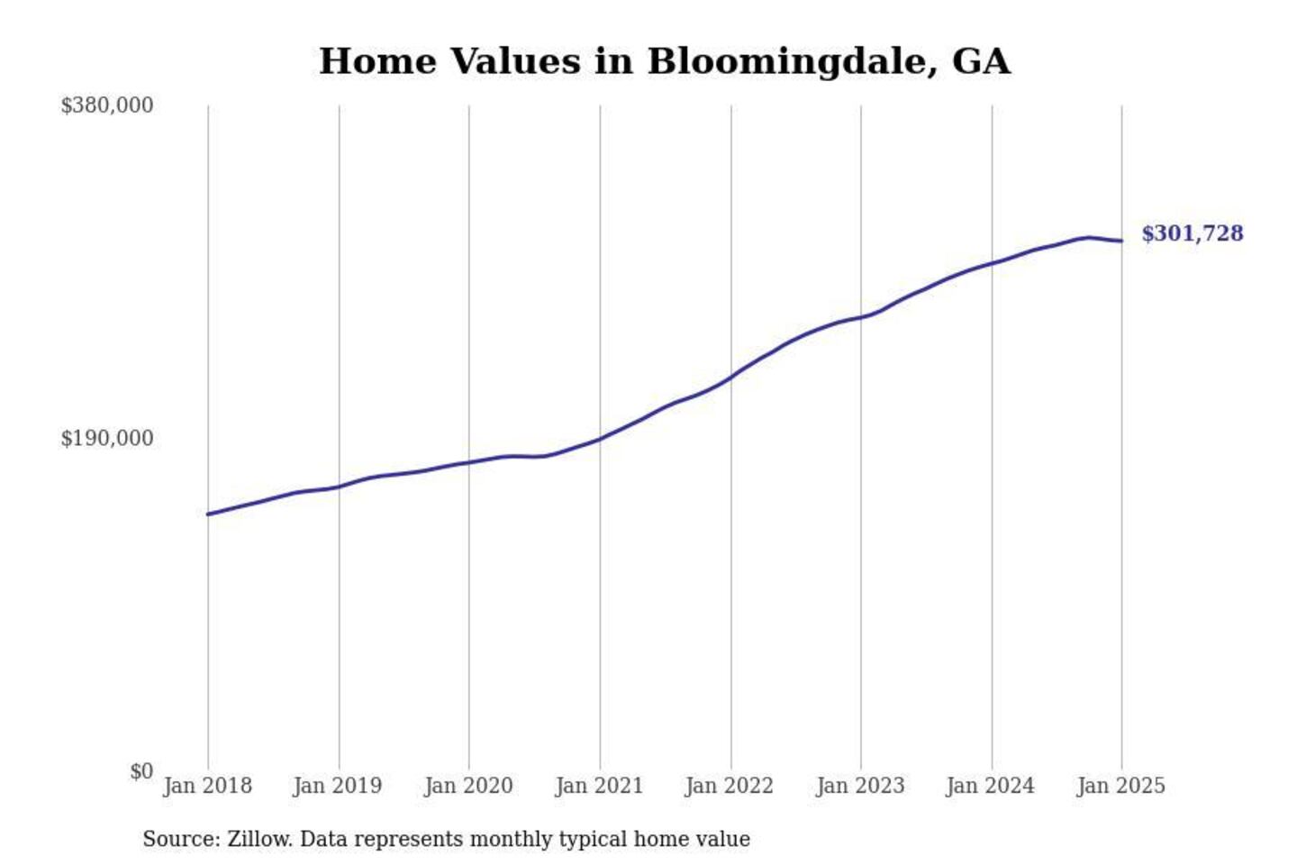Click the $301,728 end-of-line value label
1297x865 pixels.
pyautogui.click(x=1192, y=234)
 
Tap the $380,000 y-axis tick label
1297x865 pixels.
pyautogui.click(x=107, y=105)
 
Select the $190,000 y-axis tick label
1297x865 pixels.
pyautogui.click(x=107, y=439)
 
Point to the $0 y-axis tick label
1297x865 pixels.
pyautogui.click(x=141, y=771)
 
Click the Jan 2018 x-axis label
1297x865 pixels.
pyautogui.click(x=207, y=786)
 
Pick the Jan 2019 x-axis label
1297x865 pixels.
pyautogui.click(x=338, y=786)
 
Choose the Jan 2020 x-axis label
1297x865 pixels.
pyautogui.click(x=468, y=786)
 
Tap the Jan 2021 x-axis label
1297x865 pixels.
pyautogui.click(x=599, y=786)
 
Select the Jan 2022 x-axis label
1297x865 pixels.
pyautogui.click(x=730, y=786)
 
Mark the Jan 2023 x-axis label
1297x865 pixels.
pyautogui.click(x=860, y=786)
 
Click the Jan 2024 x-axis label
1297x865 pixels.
pyautogui.click(x=991, y=786)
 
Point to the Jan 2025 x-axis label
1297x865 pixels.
pyautogui.click(x=1121, y=786)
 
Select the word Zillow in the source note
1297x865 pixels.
pyautogui.click(x=259, y=840)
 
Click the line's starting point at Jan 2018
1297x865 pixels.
pyautogui.click(x=208, y=514)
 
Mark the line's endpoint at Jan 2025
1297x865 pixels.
pyautogui.click(x=1121, y=241)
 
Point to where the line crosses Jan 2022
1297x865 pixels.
pyautogui.click(x=731, y=377)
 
